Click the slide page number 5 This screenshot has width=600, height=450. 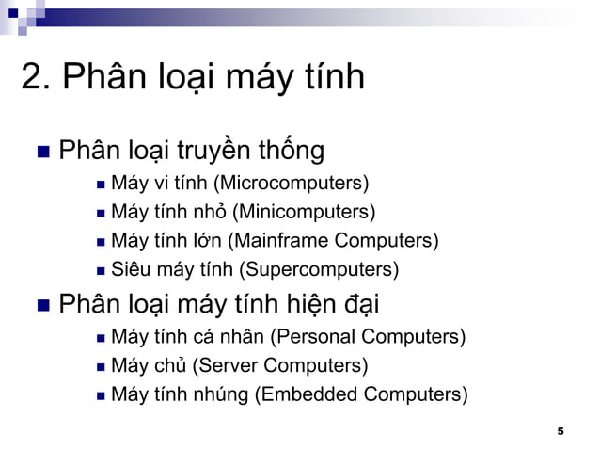pyautogui.click(x=561, y=431)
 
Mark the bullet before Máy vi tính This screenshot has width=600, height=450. pyautogui.click(x=100, y=183)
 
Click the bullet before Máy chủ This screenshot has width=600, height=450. pyautogui.click(x=100, y=366)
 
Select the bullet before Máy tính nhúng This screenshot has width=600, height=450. pyautogui.click(x=100, y=395)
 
